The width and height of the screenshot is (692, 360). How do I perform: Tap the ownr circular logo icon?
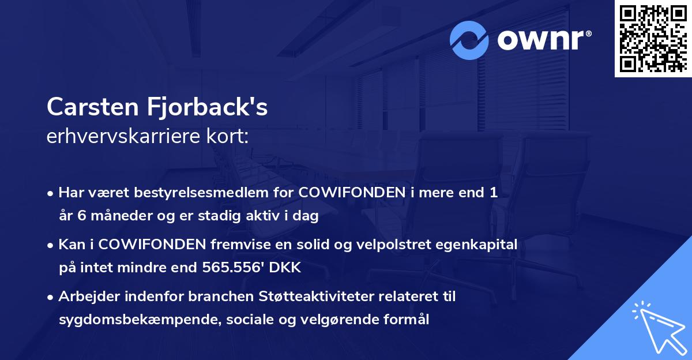(x=470, y=40)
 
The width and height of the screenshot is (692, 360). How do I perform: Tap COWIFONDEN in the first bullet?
(x=352, y=194)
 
